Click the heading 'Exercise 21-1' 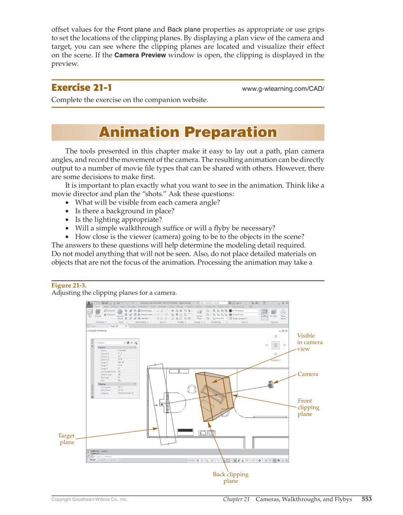tap(82, 88)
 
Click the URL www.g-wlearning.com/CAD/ tap(283, 89)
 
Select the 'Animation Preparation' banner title tap(187, 132)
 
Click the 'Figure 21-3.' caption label tap(69, 285)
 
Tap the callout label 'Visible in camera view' tap(309, 342)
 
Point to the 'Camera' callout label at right tap(308, 374)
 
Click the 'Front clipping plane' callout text tap(308, 407)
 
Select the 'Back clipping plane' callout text tap(231, 478)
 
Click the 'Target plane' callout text tap(66, 439)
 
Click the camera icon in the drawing tap(271, 384)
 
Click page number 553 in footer tap(366, 499)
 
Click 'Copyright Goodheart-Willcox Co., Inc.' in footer tap(89, 499)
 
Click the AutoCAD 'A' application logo tap(89, 304)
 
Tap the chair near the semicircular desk tap(192, 389)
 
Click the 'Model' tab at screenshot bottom tap(93, 460)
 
